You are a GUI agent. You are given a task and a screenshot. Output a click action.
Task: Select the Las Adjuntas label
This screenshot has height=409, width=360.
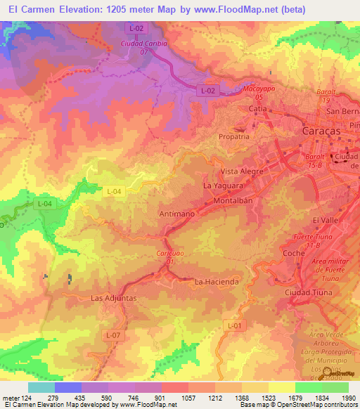[x=113, y=298]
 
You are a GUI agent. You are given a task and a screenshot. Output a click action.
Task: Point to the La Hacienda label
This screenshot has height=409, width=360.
[x=217, y=282]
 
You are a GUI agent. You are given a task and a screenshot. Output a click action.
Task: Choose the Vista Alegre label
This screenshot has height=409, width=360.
[x=242, y=171]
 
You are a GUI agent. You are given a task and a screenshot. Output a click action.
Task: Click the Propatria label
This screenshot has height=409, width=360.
[x=234, y=137]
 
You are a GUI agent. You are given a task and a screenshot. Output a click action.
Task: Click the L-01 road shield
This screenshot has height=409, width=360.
[x=235, y=325]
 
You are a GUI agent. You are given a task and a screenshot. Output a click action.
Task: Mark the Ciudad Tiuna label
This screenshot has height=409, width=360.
[x=309, y=292]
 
